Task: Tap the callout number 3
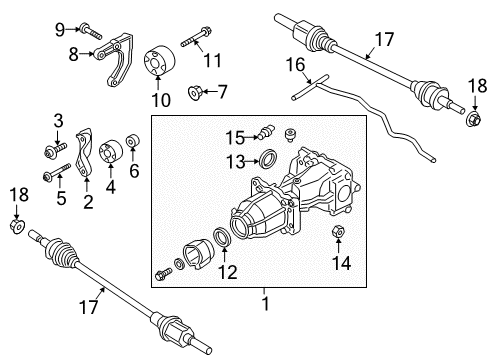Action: click(x=58, y=122)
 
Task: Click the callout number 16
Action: click(x=293, y=66)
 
